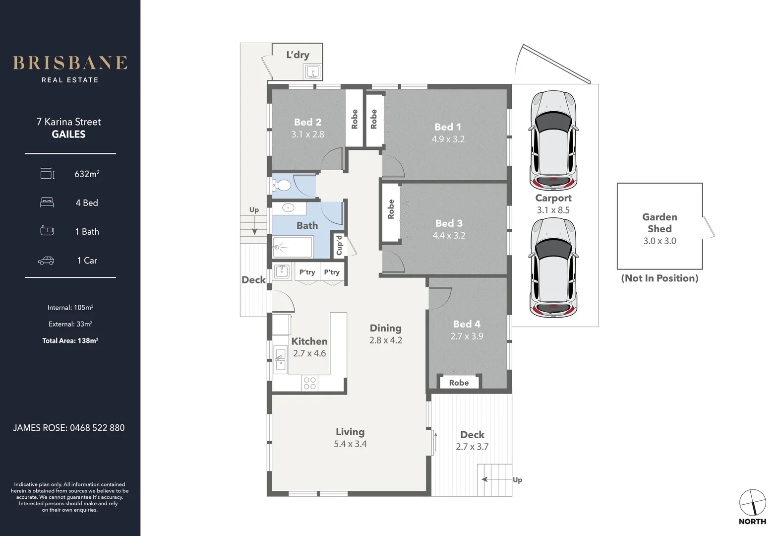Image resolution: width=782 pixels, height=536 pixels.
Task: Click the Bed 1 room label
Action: coord(448,127)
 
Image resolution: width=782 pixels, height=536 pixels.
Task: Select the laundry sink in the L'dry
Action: coord(312,72)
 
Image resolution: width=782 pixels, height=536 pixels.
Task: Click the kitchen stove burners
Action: coord(309,383)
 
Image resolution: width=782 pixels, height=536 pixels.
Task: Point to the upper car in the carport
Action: coord(553,140)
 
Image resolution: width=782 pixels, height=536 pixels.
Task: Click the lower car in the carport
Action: coord(553,268)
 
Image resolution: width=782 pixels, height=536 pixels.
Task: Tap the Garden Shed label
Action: coord(660,222)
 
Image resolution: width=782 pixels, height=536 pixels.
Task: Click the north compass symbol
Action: coord(752,503)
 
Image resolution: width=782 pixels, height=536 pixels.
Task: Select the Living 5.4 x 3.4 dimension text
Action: coord(350,444)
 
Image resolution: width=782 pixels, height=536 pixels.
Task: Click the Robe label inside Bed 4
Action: coord(459,383)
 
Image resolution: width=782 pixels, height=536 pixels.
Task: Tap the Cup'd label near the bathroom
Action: coord(339,245)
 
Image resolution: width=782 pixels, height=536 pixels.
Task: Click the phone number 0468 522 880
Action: coord(97,428)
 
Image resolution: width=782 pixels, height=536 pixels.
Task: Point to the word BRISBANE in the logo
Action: coord(70,63)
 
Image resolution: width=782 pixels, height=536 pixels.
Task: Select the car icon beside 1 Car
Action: coord(46,261)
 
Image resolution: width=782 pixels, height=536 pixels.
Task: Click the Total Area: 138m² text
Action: coord(70,340)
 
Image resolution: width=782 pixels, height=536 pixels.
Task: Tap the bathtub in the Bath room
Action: coord(293,247)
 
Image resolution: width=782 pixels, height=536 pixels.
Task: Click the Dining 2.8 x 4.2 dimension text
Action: coord(385,340)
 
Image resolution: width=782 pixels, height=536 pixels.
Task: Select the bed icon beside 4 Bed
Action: coord(47,202)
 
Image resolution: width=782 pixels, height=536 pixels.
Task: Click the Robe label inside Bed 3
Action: coord(391,209)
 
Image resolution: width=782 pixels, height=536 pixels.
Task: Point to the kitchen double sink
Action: coord(280,359)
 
